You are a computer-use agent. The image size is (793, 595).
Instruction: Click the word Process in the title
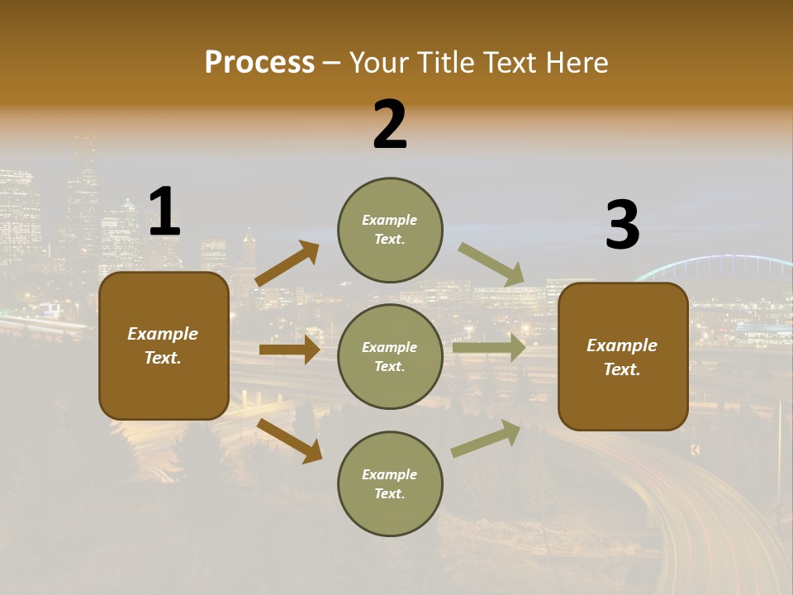[x=259, y=63]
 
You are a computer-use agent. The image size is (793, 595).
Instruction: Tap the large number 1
[x=164, y=212]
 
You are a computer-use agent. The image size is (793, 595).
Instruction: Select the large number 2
[x=390, y=125]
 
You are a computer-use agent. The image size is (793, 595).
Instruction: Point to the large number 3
[x=623, y=226]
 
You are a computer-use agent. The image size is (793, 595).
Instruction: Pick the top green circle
[x=390, y=230]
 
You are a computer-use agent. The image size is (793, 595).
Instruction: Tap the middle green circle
[x=390, y=356]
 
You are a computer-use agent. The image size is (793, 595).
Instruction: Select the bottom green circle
[x=390, y=483]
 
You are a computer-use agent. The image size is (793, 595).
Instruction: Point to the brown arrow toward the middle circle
[x=289, y=350]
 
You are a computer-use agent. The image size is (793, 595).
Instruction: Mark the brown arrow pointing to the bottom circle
[x=289, y=440]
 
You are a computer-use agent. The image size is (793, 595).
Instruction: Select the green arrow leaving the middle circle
[x=489, y=347]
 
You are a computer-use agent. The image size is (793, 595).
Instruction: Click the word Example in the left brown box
[x=163, y=334]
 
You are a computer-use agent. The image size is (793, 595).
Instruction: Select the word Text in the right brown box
[x=621, y=369]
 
